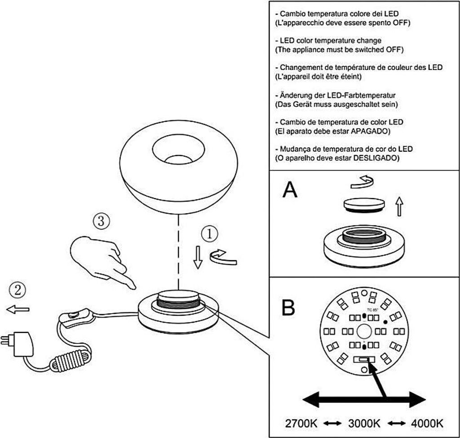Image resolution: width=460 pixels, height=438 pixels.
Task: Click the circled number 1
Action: click(209, 234)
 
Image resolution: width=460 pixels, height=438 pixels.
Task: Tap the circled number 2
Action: click(18, 289)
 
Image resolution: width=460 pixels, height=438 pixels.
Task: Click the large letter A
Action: click(290, 190)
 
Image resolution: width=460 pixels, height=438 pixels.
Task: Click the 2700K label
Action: click(302, 423)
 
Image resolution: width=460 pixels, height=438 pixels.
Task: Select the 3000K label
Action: click(364, 423)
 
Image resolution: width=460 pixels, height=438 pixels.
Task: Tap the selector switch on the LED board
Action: click(364, 359)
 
